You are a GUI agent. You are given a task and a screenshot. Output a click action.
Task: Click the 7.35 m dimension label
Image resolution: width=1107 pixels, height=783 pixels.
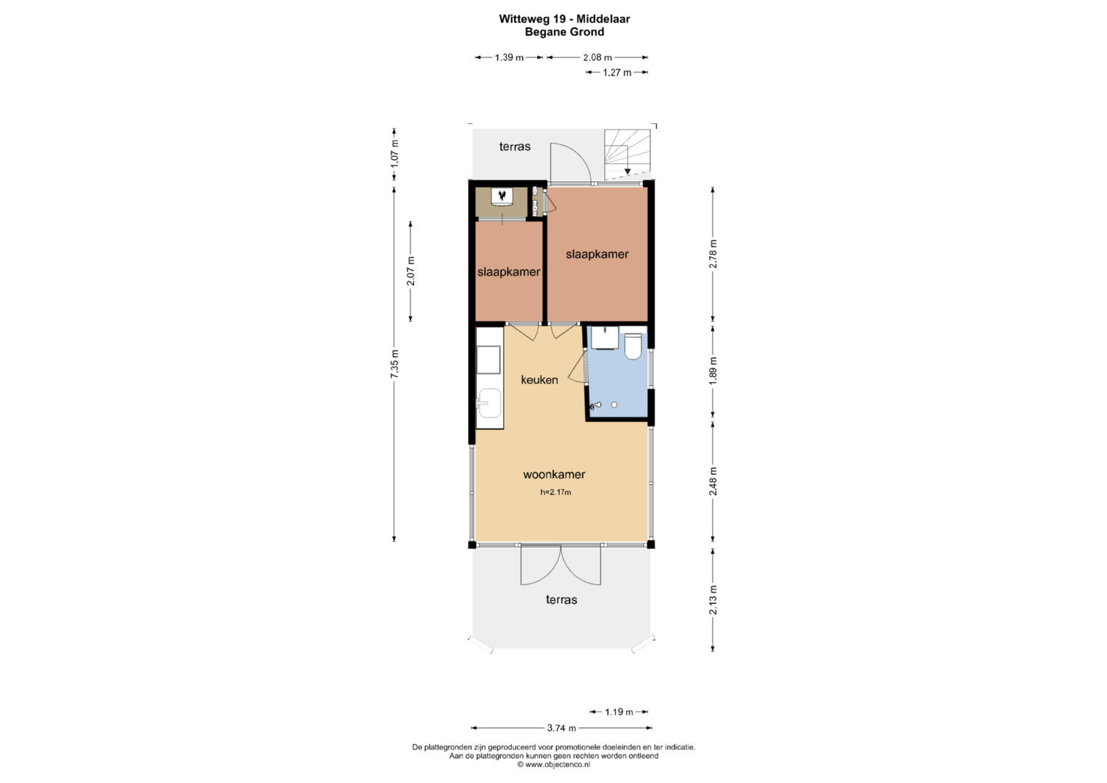[394, 364]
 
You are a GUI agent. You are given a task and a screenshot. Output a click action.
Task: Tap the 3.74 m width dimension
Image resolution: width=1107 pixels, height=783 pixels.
[561, 728]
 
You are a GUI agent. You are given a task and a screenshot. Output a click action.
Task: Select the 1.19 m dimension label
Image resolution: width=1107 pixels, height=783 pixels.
[618, 712]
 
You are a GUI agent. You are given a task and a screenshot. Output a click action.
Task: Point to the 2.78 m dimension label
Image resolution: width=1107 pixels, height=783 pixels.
[713, 254]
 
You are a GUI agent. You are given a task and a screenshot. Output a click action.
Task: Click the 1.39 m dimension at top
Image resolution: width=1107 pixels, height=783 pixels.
[509, 57]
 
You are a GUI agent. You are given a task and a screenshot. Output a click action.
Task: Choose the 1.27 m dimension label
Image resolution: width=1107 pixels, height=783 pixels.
[617, 72]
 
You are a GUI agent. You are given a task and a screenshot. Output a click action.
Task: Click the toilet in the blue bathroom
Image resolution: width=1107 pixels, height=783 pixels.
[633, 346]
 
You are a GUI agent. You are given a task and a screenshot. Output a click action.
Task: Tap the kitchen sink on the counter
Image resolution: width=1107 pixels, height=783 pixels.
[489, 403]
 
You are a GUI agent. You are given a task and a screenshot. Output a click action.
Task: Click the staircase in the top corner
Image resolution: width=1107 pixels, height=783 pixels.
[627, 154]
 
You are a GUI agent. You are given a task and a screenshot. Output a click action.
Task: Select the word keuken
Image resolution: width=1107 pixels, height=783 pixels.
[539, 380]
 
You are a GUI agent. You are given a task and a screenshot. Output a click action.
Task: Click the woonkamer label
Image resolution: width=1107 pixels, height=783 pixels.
[554, 475]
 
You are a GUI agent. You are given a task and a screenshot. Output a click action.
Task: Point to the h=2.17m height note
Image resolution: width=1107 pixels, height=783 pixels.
[555, 492]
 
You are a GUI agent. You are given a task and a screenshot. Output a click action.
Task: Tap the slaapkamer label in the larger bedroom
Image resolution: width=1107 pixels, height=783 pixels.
[597, 254]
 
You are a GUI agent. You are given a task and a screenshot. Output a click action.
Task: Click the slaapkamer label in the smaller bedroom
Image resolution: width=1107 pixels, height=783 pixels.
[508, 271]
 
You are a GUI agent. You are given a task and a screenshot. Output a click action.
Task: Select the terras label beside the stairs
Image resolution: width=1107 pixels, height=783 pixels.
[515, 146]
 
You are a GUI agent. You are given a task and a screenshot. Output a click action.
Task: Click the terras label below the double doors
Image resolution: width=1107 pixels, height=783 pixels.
[561, 600]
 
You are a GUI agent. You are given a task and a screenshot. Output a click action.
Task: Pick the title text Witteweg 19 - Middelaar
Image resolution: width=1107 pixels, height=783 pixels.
[564, 19]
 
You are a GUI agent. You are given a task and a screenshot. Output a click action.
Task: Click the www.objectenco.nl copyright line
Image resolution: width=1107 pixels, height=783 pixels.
[554, 764]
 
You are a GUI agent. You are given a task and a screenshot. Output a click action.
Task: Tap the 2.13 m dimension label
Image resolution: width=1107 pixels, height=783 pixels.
[713, 600]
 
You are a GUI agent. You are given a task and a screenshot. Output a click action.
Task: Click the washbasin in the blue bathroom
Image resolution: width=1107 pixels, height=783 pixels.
[605, 338]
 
